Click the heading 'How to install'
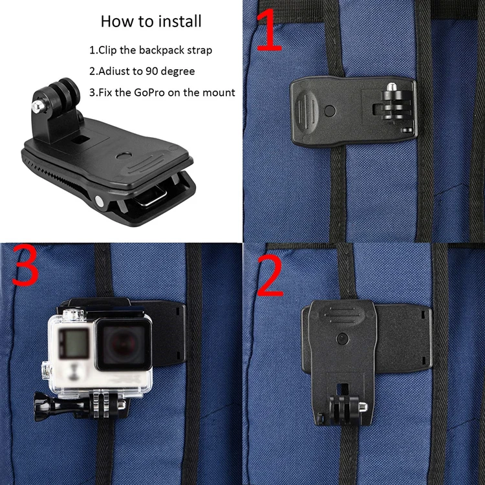151,21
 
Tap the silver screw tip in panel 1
391,86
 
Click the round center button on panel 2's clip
341,338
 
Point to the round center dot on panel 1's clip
330,110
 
